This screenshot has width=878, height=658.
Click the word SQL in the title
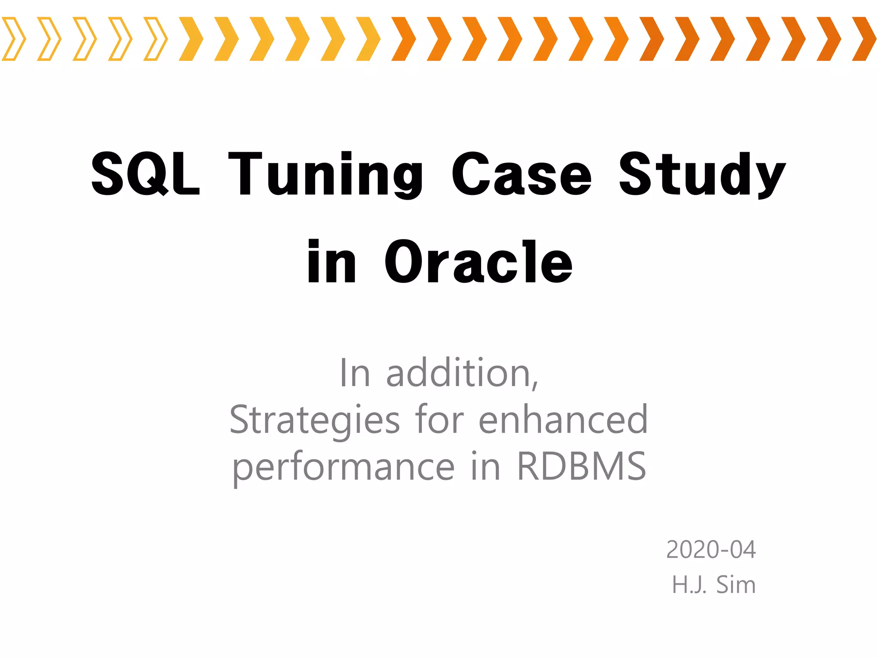tap(146, 175)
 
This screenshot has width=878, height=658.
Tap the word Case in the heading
tap(521, 175)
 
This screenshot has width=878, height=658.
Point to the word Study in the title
tap(702, 175)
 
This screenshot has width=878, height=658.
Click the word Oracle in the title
tap(478, 262)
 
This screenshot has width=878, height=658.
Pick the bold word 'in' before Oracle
tap(331, 262)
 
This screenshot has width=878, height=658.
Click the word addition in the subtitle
tap(462, 374)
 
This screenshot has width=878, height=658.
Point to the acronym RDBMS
tap(582, 467)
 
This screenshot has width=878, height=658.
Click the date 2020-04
tap(711, 550)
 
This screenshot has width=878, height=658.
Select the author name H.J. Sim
tap(713, 585)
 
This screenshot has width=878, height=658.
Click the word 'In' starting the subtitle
tap(354, 374)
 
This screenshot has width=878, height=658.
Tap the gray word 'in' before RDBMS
tap(485, 467)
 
